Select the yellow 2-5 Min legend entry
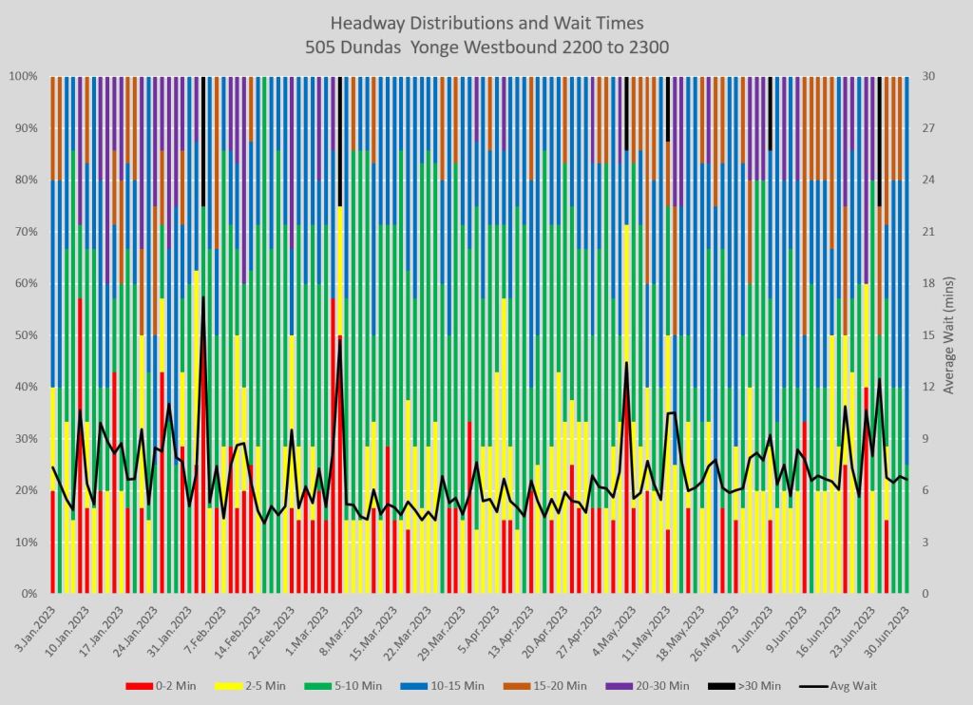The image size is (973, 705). [243, 684]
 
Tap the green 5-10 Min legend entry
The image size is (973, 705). [346, 684]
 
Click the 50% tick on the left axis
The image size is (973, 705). [26, 335]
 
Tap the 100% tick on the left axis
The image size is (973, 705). [23, 76]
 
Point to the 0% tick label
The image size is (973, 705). [29, 594]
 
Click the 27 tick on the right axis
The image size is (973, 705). [928, 128]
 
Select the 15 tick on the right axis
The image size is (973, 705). [928, 335]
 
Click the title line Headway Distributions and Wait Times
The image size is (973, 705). [486, 22]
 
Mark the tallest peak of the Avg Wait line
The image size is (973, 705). [203, 297]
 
